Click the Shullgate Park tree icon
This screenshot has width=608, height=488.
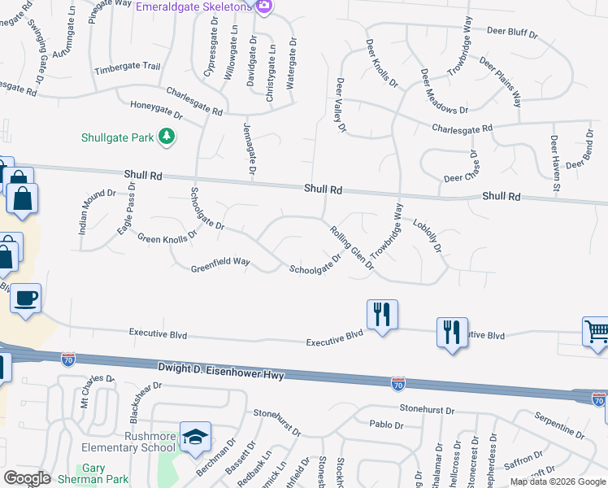[167, 137]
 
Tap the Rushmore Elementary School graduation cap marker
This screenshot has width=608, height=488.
[195, 438]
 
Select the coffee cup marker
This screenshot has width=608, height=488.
[26, 298]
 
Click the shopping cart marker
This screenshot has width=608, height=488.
[597, 332]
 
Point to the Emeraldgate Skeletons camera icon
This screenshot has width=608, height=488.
[263, 7]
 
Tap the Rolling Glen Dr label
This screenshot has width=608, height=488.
[351, 246]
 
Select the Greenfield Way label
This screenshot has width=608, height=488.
[219, 265]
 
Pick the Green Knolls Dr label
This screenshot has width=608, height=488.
[167, 238]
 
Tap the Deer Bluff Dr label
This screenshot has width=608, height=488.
[512, 33]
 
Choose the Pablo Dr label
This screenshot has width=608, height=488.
[386, 425]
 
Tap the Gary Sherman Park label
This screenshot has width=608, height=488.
[105, 473]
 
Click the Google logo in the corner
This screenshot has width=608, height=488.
[26, 478]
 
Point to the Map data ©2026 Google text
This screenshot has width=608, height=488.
[558, 481]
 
